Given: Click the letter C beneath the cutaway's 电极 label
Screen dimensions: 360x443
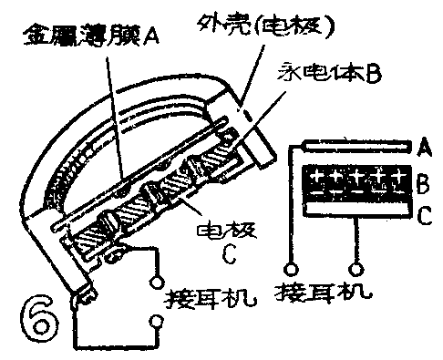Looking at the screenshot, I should (230, 258).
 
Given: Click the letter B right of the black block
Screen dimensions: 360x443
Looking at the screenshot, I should (422, 188).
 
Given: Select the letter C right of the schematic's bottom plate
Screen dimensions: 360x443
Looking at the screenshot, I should (423, 219).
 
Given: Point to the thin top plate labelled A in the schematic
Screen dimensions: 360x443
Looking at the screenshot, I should (355, 145).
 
